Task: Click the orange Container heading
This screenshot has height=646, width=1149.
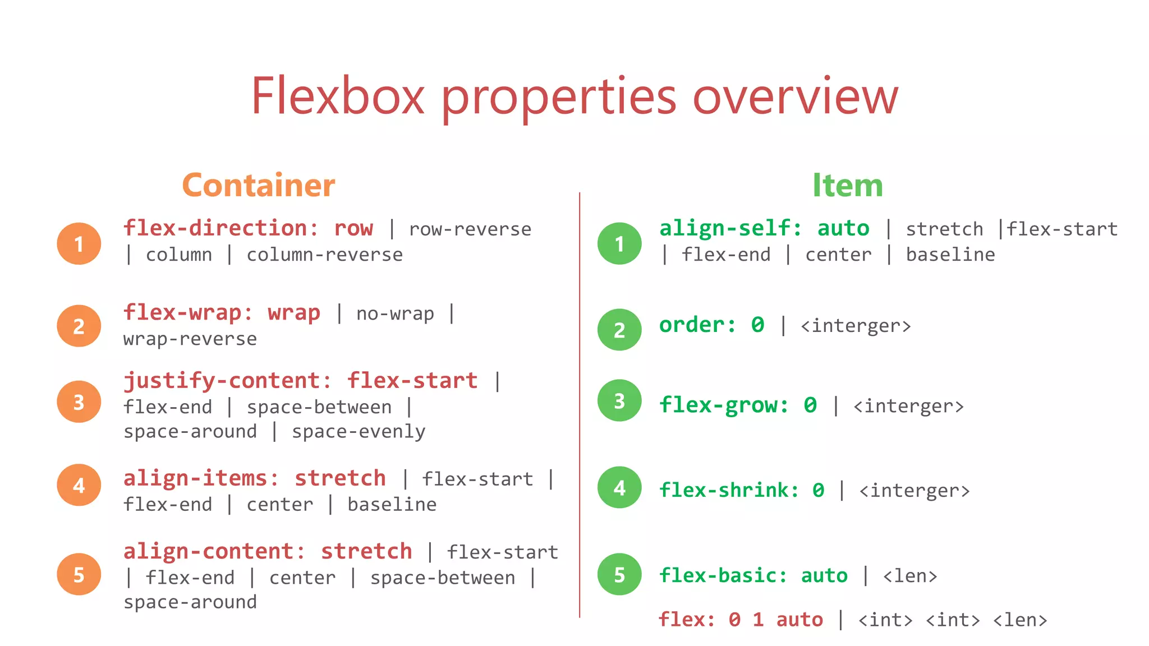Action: [x=259, y=186]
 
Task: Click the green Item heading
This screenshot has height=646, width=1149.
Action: [x=847, y=186]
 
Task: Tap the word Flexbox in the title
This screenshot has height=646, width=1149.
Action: [x=337, y=96]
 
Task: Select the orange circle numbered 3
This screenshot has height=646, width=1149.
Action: [x=79, y=402]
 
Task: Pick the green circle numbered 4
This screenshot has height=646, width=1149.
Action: [x=619, y=487]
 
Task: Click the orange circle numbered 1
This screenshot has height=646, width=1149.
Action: [x=79, y=243]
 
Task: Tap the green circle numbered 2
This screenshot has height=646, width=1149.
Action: [x=619, y=330]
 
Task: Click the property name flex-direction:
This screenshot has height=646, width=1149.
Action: [x=220, y=228]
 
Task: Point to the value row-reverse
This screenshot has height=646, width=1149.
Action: [x=470, y=229]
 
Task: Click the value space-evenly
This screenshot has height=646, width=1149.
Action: [x=359, y=432]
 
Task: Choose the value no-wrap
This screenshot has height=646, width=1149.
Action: [x=395, y=313]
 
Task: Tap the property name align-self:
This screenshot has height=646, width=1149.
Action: [x=730, y=228]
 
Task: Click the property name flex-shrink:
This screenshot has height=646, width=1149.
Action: [x=729, y=490]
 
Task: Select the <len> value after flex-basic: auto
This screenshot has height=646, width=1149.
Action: [x=910, y=576]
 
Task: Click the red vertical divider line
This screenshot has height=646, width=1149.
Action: [x=580, y=404]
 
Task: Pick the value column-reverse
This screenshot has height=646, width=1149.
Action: [x=324, y=255]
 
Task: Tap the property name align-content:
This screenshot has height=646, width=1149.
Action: [x=214, y=552]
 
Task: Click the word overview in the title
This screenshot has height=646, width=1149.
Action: [x=795, y=96]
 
